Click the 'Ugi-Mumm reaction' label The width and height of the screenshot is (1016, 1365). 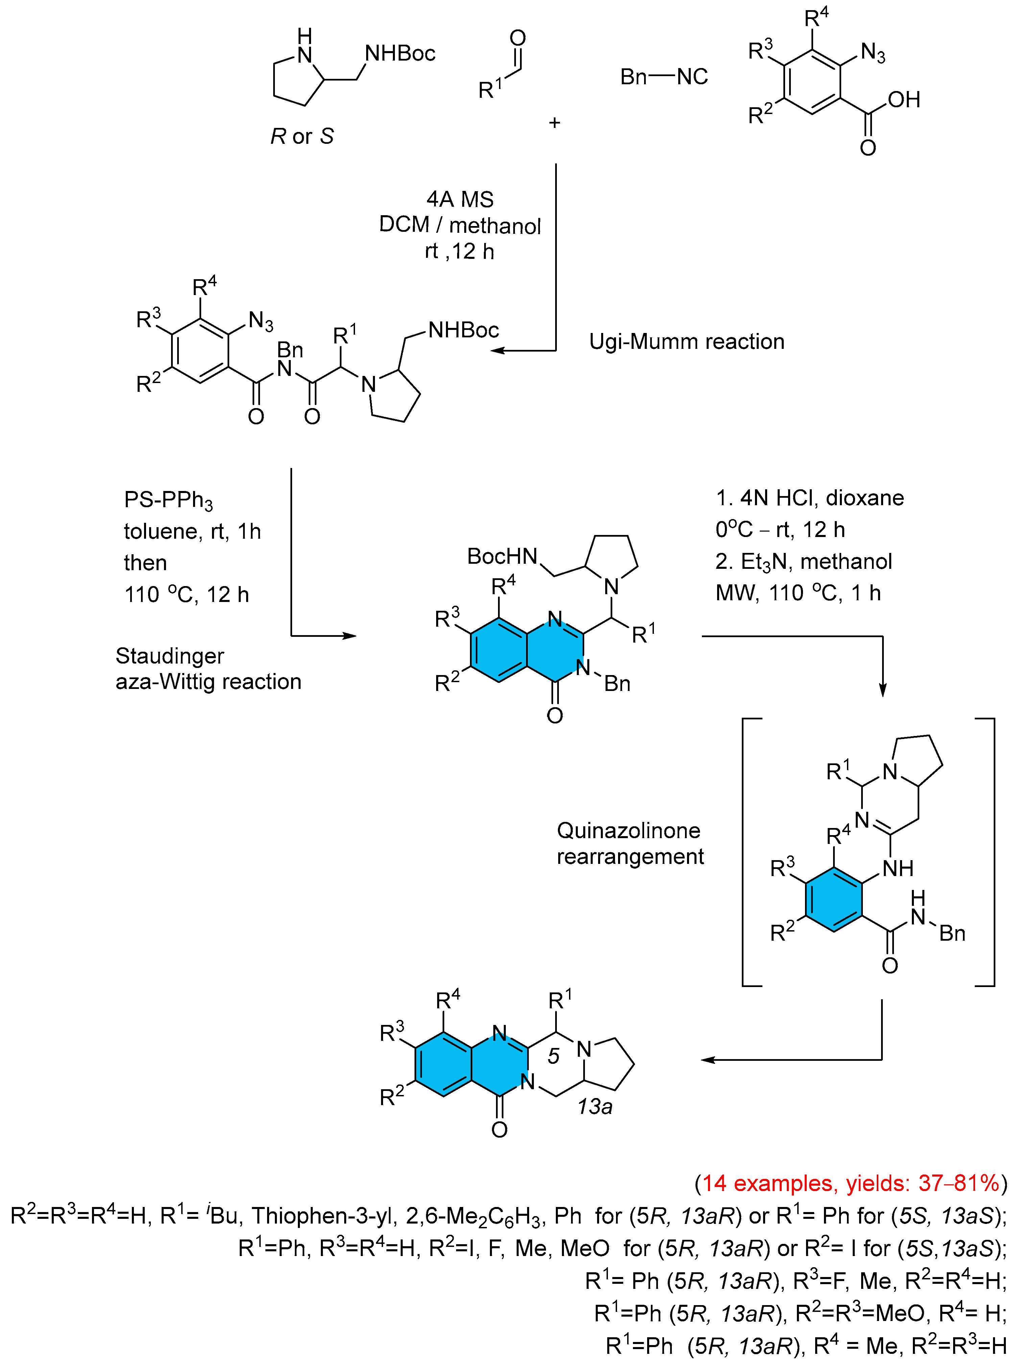pos(686,341)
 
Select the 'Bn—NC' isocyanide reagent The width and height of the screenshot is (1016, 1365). pos(664,77)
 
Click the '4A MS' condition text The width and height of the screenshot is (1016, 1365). pos(460,199)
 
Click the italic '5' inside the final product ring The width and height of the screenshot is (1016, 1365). pos(553,1056)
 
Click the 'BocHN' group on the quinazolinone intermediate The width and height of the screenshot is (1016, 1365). pos(502,556)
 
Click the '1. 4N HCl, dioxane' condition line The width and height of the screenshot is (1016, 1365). pos(809,498)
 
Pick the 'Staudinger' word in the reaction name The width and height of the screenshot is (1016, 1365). pos(170,656)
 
